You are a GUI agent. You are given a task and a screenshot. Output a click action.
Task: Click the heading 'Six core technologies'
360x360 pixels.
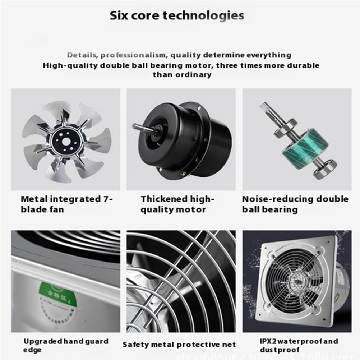[177, 15]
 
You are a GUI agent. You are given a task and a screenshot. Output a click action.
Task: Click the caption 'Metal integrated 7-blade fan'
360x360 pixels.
[66, 204]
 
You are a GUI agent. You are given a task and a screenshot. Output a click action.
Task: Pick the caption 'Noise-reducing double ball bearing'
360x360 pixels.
[295, 204]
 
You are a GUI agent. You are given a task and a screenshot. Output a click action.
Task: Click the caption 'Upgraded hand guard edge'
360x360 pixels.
[66, 345]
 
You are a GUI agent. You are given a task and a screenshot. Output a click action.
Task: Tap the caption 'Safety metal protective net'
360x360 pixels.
[179, 345]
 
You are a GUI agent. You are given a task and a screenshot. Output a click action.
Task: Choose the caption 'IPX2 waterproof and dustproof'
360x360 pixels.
[299, 345]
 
